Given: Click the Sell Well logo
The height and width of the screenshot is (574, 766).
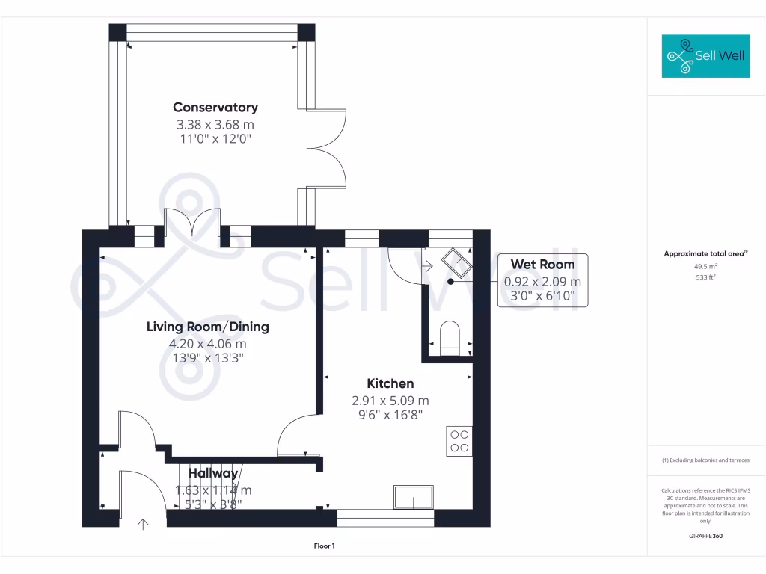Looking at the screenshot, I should point(705,56).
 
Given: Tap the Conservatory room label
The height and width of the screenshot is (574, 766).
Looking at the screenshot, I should point(215,108).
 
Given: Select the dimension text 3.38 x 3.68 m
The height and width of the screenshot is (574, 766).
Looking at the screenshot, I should point(215,124).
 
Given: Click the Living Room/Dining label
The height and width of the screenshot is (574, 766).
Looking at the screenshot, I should point(207,327).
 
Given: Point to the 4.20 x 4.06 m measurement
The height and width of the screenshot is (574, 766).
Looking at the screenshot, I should point(207,344).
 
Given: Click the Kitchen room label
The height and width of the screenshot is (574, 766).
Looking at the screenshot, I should point(390,383).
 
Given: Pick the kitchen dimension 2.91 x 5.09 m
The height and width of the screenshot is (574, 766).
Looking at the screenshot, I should point(390,401).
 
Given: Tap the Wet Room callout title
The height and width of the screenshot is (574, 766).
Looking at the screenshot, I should point(542,264).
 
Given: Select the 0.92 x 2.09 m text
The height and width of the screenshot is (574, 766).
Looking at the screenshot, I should point(542,282).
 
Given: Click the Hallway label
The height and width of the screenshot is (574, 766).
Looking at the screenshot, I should point(213,473).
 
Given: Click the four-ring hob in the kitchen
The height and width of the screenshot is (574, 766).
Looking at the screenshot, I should point(459,440).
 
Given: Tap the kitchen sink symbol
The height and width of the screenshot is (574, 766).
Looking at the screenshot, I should point(414,497).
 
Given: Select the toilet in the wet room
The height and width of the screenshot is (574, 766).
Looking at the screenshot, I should point(450,336).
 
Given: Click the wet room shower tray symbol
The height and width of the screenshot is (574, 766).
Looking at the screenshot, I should point(456,262).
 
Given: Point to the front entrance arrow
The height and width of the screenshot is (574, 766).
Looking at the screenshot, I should point(142,524).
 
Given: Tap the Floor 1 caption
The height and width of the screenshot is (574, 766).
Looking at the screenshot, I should point(323,546).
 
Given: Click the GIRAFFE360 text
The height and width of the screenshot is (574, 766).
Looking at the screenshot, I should point(705,536).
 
